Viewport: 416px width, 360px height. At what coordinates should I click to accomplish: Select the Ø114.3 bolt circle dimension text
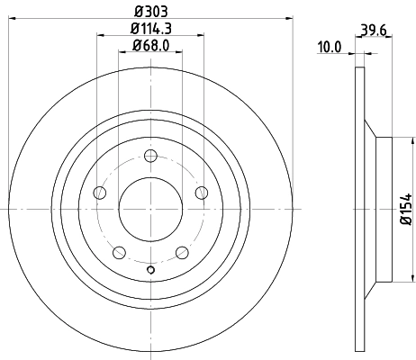[150, 29]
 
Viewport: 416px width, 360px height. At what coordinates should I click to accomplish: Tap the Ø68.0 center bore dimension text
[150, 46]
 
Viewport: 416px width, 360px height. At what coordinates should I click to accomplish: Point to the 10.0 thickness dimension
[330, 47]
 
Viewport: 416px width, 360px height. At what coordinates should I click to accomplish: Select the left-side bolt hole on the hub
[100, 193]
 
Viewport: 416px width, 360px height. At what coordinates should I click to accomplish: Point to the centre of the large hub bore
[150, 208]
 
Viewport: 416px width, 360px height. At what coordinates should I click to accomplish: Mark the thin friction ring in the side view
[361, 208]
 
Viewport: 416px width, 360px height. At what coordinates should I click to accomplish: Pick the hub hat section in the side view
[382, 208]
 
